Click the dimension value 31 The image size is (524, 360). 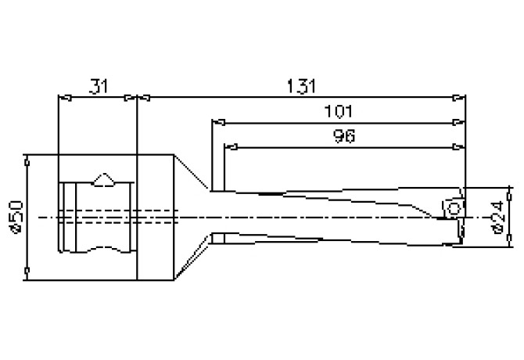pyautogui.click(x=99, y=86)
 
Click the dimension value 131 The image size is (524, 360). pyautogui.click(x=301, y=86)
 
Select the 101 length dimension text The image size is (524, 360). pyautogui.click(x=339, y=111)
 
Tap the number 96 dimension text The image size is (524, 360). pyautogui.click(x=344, y=136)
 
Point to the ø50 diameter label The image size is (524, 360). pyautogui.click(x=16, y=217)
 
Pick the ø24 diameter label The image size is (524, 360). pyautogui.click(x=497, y=217)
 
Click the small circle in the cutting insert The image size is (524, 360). pyautogui.click(x=454, y=209)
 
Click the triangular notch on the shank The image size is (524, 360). pyautogui.click(x=104, y=179)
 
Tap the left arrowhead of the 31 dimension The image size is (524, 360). pyautogui.click(x=65, y=98)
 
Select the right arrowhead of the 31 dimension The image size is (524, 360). pyautogui.click(x=131, y=98)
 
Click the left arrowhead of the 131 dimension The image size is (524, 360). pyautogui.click(x=144, y=98)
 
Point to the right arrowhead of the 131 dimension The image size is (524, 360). pyautogui.click(x=459, y=98)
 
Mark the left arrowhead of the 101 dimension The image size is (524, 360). pyautogui.click(x=218, y=122)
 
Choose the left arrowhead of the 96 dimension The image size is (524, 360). pyautogui.click(x=231, y=147)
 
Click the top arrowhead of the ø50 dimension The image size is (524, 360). pyautogui.click(x=27, y=160)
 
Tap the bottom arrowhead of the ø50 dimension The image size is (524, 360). pyautogui.click(x=27, y=274)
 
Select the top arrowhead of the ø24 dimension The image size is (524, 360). pyautogui.click(x=509, y=193)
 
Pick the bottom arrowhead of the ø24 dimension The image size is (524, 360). pyautogui.click(x=509, y=241)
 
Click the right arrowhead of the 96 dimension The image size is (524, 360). pyautogui.click(x=458, y=147)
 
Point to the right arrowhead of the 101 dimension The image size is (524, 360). pyautogui.click(x=458, y=122)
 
